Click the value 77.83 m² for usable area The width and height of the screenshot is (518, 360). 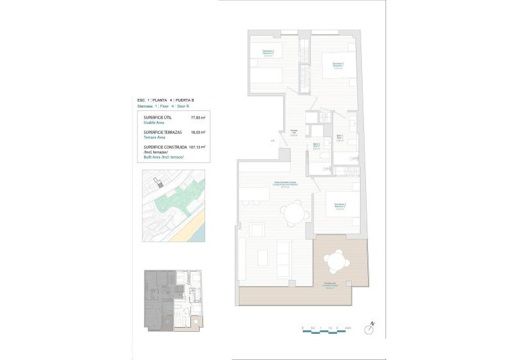click(197, 118)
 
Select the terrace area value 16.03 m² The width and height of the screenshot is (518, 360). click(197, 133)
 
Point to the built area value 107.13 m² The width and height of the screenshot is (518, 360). click(196, 147)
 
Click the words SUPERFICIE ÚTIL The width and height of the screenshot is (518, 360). click(158, 118)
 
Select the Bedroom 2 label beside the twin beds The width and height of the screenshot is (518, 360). click(268, 53)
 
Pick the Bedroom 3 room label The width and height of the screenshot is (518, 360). click(340, 206)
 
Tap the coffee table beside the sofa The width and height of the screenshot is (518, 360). click(262, 257)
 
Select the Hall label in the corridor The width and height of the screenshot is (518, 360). click(294, 133)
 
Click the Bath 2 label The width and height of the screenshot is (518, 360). click(316, 145)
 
